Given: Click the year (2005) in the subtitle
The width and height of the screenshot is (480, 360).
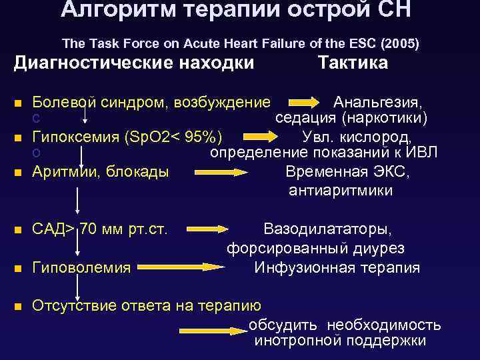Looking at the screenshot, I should (399, 44).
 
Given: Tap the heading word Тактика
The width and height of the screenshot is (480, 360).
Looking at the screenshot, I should (353, 63).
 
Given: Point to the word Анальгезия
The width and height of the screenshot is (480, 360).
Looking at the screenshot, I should (377, 103).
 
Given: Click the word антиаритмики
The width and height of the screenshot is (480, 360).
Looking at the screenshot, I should (341, 191).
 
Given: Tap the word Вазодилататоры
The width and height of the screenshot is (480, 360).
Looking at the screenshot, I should (328, 229).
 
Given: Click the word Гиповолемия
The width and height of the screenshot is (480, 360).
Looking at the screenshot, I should (82, 268).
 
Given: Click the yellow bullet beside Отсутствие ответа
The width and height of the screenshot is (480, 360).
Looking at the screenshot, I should (18, 307).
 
